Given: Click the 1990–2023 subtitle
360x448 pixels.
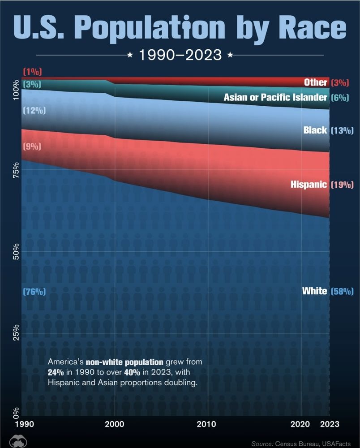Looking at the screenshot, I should [180, 55].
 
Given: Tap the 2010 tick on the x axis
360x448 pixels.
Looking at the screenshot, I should [208, 424].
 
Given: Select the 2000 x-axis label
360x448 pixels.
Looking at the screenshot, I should [115, 424].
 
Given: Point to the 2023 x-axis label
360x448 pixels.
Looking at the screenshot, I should [329, 424].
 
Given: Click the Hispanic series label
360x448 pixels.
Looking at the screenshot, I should [309, 185].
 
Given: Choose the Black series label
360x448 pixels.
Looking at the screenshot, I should [315, 130].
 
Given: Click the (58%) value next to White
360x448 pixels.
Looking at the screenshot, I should [343, 292].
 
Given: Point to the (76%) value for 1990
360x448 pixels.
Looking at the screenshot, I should [34, 292].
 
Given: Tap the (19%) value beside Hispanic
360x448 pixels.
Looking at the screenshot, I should [343, 185].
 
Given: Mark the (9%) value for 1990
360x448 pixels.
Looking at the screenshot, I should [32, 146].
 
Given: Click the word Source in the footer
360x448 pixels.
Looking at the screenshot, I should [262, 444].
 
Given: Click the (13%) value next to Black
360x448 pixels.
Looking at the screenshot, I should [343, 130].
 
